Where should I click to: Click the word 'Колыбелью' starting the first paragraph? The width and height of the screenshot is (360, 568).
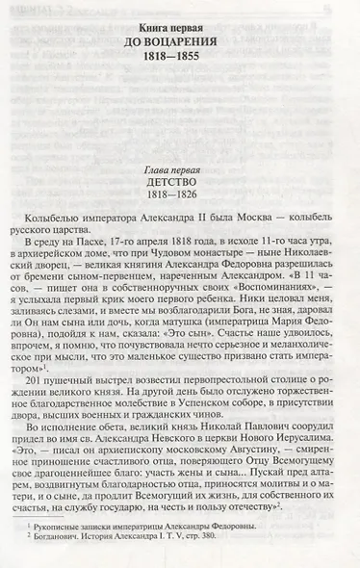(72, 199)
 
